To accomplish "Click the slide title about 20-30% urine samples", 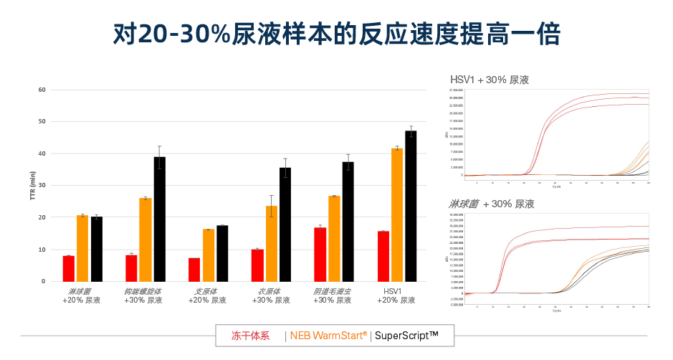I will (336, 34).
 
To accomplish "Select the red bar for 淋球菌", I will (69, 268).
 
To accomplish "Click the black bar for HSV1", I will (411, 206).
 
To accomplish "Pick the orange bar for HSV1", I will (396, 214).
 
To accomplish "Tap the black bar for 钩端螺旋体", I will (159, 219).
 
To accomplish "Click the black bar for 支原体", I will (222, 253).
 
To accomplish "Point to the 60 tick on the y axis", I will (42, 90).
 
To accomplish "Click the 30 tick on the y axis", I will (42, 185).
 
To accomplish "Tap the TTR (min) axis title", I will (32, 186).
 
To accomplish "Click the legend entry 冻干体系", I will (250, 335).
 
